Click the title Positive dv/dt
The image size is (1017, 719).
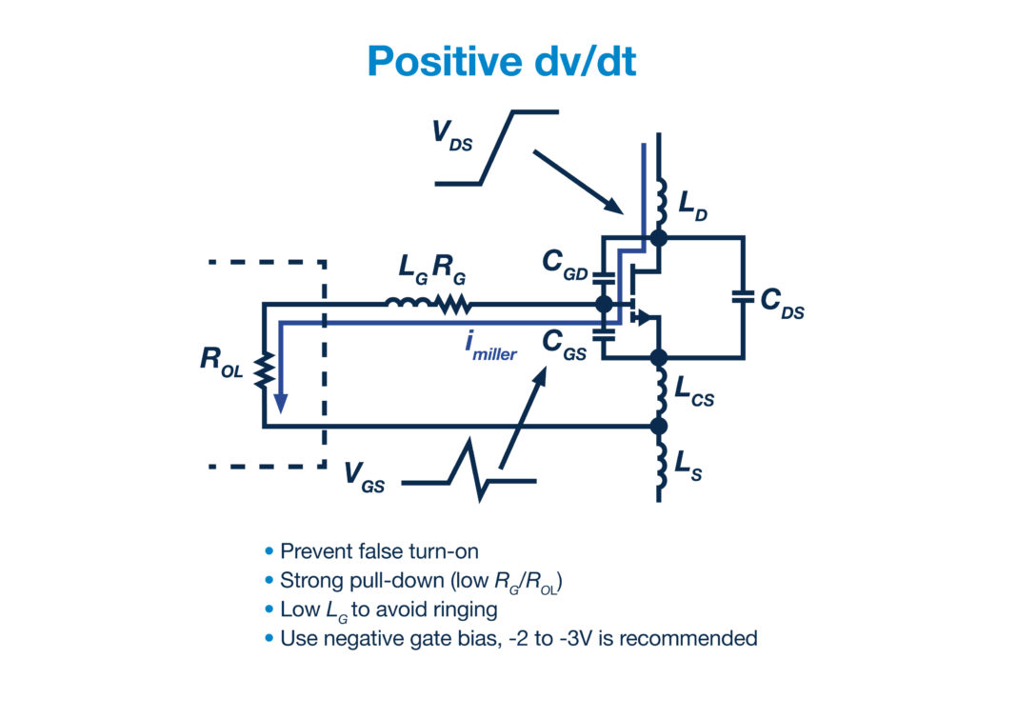(501, 61)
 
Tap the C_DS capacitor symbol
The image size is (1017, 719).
(743, 297)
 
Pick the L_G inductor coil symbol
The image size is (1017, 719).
(407, 305)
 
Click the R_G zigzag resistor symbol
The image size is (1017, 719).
(452, 305)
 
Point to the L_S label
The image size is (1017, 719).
(688, 465)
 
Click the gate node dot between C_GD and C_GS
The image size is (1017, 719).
(603, 305)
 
